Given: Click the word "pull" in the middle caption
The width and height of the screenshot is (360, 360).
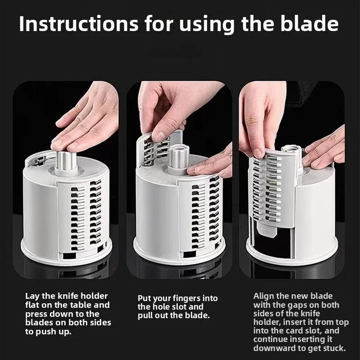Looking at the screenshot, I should pos(147,315).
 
